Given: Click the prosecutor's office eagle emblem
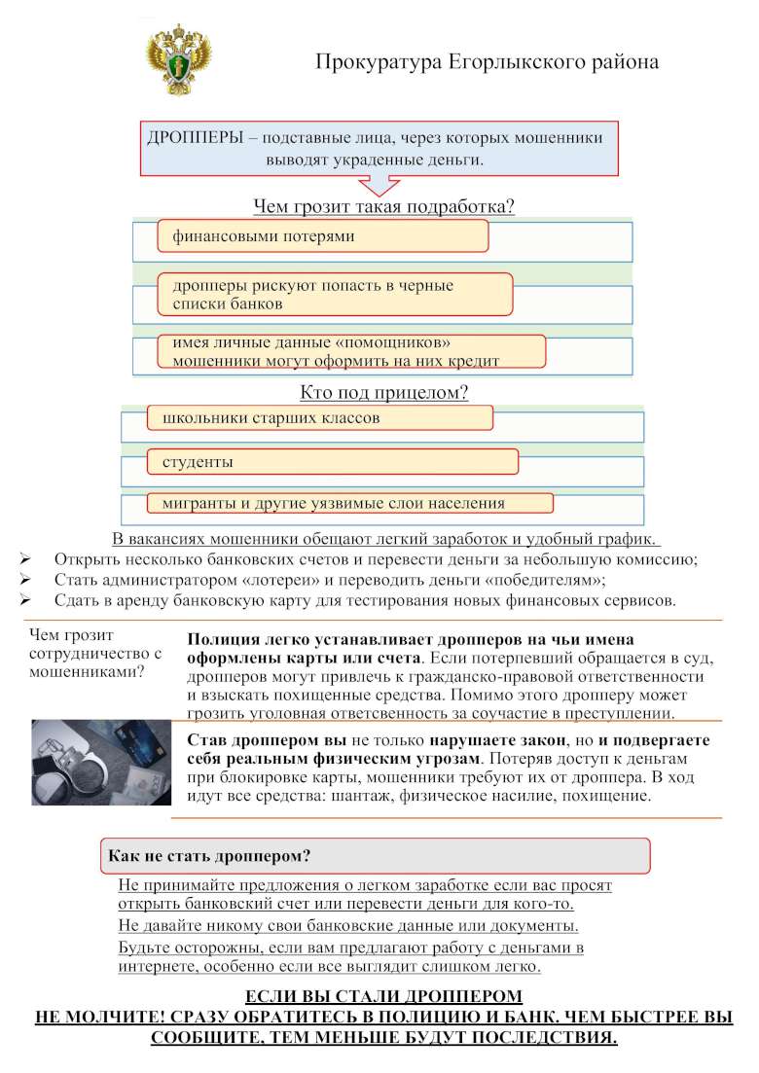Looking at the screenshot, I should pos(179,59).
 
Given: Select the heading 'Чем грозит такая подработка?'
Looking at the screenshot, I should pos(383,206).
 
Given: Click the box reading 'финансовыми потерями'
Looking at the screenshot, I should pos(322,236).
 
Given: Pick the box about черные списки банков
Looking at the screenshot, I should pos(335,294).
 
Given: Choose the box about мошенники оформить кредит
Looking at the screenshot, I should pos(350,352).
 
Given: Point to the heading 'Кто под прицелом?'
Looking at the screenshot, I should pos(383,393).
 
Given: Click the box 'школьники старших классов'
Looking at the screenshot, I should pos(320,418).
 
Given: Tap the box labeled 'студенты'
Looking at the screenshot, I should pos(332,461).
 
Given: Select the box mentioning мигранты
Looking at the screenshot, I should pos(350,503).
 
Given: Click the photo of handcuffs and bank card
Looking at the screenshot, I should pos(101,763).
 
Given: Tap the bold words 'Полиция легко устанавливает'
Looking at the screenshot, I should pos(293,640).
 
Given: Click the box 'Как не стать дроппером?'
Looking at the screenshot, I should pos(375,856).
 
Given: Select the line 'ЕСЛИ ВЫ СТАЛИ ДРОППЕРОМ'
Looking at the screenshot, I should pos(383,997).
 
